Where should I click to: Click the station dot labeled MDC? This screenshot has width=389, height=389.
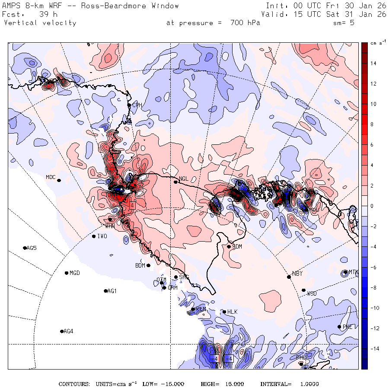(59, 181)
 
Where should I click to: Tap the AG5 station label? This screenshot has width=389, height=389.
(32, 248)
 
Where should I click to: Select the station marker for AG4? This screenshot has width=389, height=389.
(62, 332)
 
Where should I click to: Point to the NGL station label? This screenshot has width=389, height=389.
(184, 179)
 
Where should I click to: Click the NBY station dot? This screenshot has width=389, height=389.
(289, 277)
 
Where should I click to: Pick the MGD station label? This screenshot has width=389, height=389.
(75, 273)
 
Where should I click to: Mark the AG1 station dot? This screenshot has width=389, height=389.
(105, 291)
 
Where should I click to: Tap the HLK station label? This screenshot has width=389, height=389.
(233, 312)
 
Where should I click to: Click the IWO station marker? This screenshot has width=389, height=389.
(94, 236)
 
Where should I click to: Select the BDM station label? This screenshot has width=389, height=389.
(140, 265)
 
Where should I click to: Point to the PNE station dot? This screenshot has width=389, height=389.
(339, 327)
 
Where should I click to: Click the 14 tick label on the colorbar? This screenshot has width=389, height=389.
(373, 64)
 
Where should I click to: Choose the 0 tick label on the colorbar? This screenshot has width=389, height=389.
(372, 206)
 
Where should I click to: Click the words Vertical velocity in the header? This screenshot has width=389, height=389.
(40, 23)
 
